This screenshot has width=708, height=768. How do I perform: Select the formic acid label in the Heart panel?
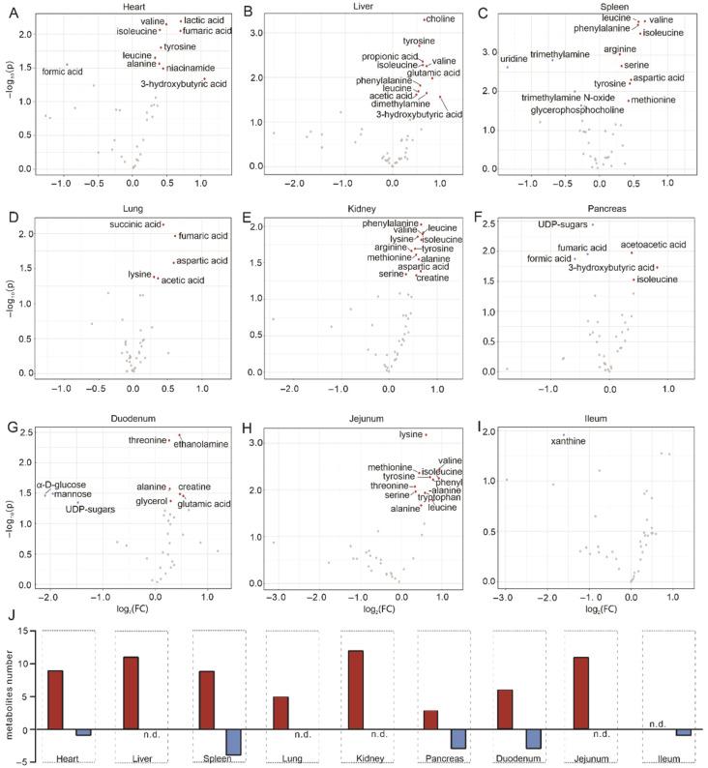tap(62, 72)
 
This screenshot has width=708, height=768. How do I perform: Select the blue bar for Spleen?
tap(231, 741)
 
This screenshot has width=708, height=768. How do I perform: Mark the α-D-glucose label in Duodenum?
tap(61, 485)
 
